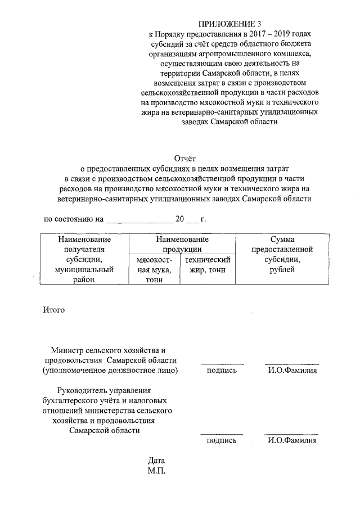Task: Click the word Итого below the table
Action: point(55,309)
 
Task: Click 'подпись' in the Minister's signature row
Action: point(222,371)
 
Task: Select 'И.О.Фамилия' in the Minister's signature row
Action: point(292,371)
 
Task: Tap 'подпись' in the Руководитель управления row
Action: point(222,441)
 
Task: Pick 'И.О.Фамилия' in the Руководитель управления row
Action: point(292,441)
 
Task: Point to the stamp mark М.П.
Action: point(156,471)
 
